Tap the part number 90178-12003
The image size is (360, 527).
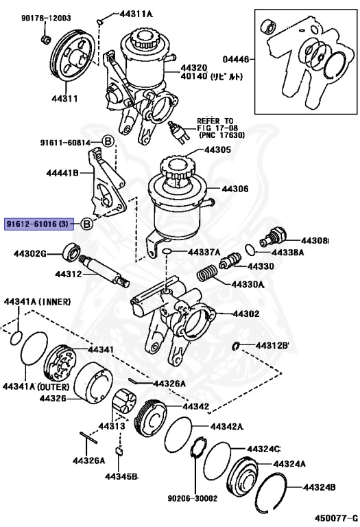(46, 18)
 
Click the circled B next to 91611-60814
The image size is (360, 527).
(108, 141)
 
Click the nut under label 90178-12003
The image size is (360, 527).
(46, 39)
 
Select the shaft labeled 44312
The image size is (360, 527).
(104, 271)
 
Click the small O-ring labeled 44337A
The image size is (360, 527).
(167, 252)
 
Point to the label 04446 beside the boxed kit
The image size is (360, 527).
(236, 60)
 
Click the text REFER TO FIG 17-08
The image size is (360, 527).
(217, 124)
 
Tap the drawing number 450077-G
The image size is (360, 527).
(337, 517)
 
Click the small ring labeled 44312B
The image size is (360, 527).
(236, 346)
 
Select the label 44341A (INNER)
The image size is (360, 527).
(37, 302)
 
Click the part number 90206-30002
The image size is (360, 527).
(193, 498)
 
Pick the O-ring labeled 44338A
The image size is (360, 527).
(250, 249)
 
